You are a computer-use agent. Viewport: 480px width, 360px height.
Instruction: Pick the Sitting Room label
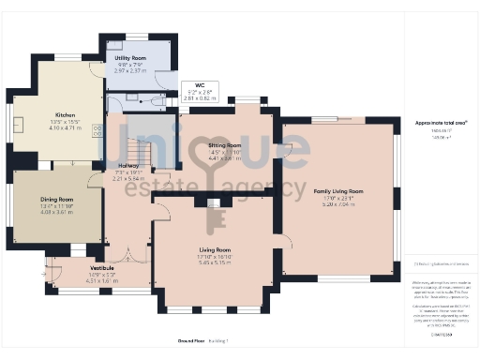coord(224,146)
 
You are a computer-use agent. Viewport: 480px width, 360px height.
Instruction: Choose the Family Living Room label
coord(338,191)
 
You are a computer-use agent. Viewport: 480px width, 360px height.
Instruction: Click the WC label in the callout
coord(200,84)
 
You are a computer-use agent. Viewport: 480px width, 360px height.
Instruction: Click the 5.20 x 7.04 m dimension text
coord(338,204)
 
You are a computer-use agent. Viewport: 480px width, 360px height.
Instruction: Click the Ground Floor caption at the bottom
coord(192,340)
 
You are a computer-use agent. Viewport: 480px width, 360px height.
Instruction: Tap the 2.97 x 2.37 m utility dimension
coord(131,70)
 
